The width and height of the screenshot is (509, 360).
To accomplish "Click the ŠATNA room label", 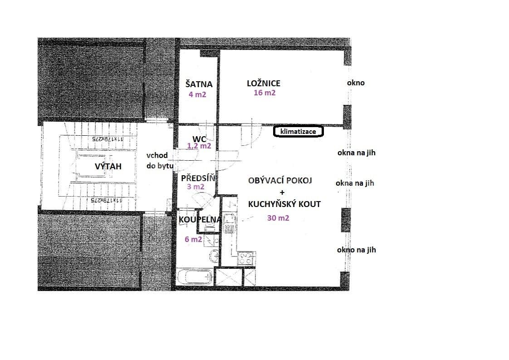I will [199, 84].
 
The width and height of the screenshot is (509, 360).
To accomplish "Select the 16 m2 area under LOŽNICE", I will [264, 93].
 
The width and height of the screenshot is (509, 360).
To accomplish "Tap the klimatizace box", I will [298, 132].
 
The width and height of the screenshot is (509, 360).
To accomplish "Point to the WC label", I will [199, 138].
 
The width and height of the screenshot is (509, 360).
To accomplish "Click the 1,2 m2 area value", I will [199, 146].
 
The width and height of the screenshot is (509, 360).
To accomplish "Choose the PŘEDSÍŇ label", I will [197, 178].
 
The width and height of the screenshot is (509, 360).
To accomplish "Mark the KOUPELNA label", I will [200, 220].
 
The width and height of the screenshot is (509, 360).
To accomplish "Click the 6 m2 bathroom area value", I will [193, 239].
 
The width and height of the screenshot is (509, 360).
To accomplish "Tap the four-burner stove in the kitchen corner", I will [245, 259].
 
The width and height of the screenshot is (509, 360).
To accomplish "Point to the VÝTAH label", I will [108, 167].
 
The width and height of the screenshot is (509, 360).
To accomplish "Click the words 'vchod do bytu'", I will [157, 161].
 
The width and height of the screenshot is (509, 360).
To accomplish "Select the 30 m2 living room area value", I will [278, 218].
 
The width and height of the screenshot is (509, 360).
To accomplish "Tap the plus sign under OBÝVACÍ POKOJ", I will [282, 192].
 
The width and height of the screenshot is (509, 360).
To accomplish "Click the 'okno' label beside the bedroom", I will [355, 83].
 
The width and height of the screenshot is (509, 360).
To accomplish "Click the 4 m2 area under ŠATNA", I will [197, 94].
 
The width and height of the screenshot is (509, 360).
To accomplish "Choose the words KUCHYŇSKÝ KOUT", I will [284, 204].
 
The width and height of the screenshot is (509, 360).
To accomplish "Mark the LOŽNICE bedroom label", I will [263, 83].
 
